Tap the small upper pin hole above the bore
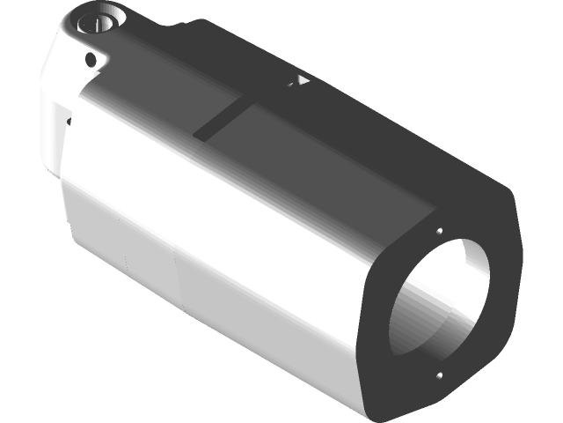tap(438, 233)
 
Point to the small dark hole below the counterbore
tap(90, 60)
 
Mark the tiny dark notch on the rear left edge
tap(69, 118)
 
